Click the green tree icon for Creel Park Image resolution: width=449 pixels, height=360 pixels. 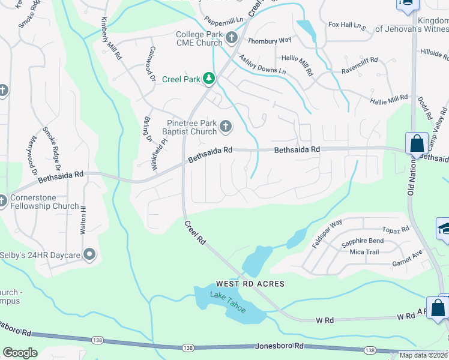click(208, 79)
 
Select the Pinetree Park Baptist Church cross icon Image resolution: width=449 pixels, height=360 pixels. click(226, 127)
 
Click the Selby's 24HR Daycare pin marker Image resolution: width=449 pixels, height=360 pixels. click(89, 255)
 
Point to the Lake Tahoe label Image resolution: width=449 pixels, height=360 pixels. click(228, 301)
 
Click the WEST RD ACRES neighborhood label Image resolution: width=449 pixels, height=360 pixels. click(250, 283)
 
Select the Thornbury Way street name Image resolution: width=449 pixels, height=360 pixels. click(270, 40)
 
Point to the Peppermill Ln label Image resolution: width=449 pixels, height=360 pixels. click(223, 19)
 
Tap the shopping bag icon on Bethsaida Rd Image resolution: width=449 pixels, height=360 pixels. click(417, 143)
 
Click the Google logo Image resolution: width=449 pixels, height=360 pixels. click(20, 353)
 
